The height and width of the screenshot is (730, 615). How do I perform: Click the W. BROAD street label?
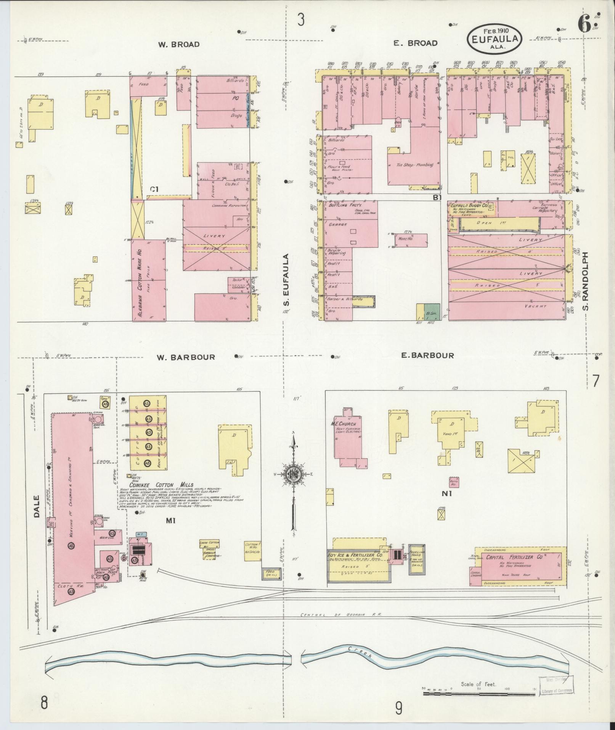(x=179, y=44)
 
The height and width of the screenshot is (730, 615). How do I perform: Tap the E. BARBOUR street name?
(x=427, y=356)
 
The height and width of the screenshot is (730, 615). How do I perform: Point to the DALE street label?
(x=37, y=506)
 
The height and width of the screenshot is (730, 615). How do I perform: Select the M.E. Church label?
(x=344, y=424)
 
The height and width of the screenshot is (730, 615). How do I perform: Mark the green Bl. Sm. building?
(x=432, y=312)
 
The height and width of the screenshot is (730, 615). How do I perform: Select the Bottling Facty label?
(x=342, y=205)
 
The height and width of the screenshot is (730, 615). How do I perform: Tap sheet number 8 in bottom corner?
(x=44, y=702)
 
